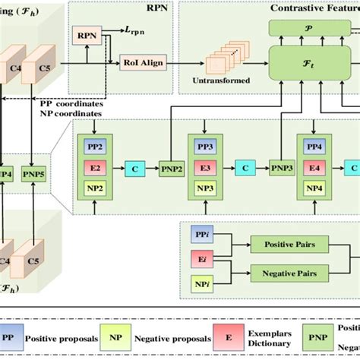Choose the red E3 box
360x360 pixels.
point(205,165)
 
